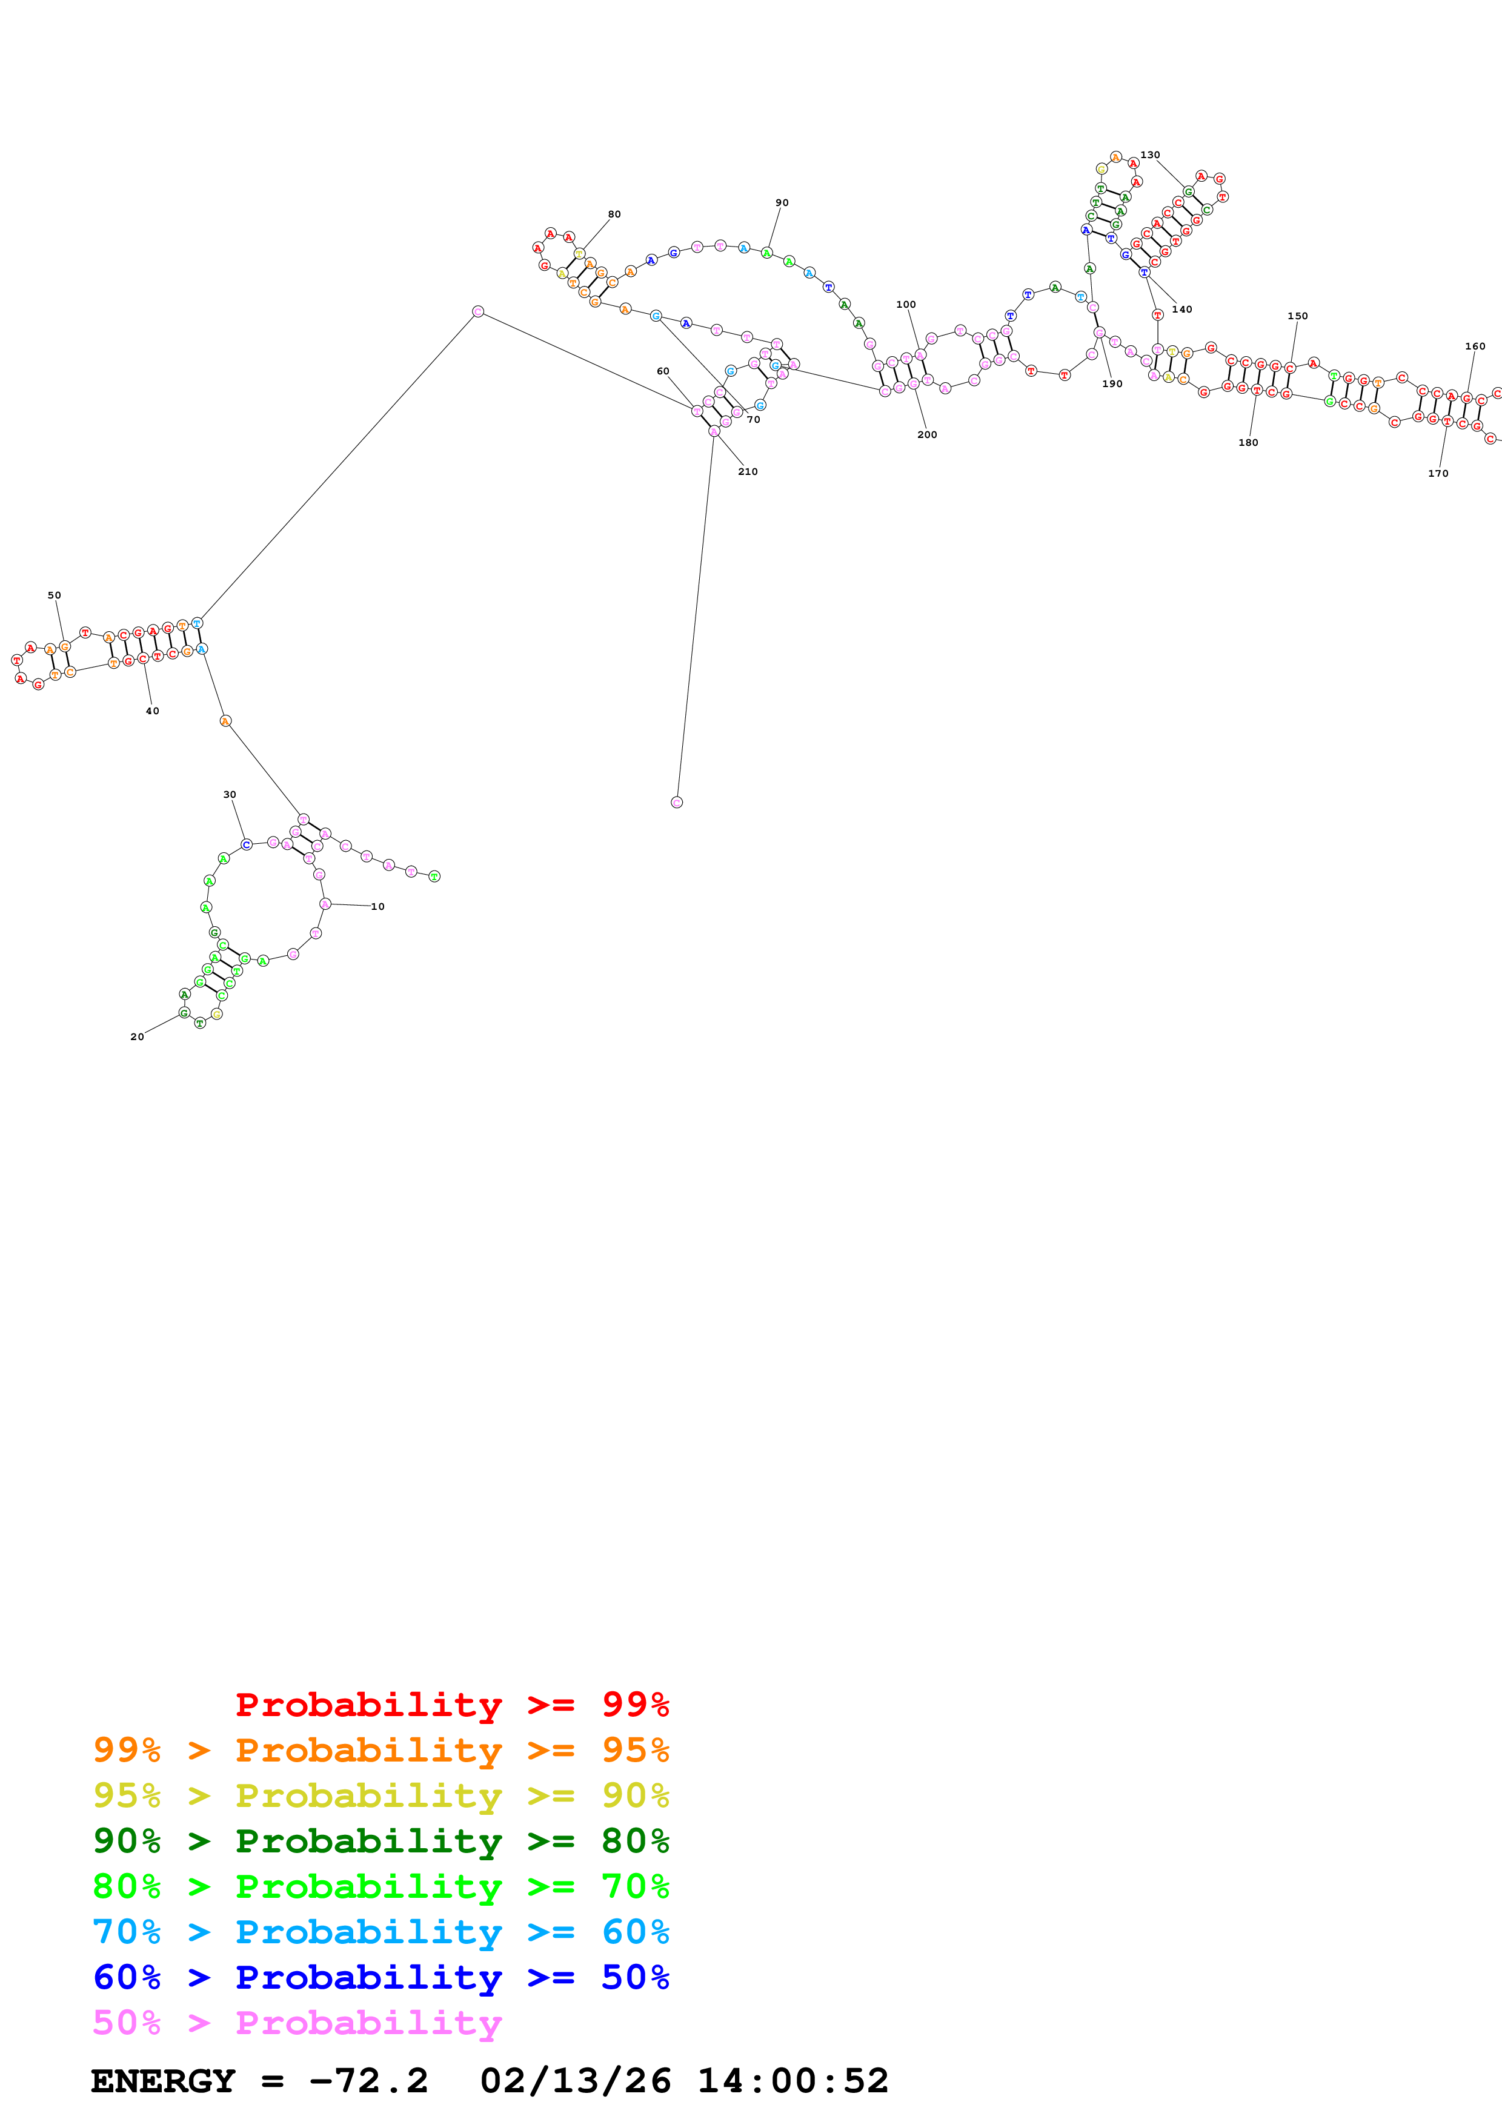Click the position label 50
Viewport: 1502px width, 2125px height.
pos(55,595)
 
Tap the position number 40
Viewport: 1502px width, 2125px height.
pos(153,711)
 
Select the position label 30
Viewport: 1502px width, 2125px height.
pos(230,794)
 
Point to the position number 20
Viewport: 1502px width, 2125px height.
pos(137,1036)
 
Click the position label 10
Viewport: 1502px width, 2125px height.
pos(377,906)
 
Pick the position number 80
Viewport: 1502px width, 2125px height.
pos(614,214)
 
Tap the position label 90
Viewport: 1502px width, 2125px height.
pos(782,203)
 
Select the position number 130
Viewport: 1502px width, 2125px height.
pos(1151,154)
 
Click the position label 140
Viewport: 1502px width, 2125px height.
pos(1182,309)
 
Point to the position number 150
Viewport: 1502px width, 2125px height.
pos(1297,316)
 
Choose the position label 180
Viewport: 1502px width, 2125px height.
pos(1248,442)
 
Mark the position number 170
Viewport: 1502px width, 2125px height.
pos(1438,473)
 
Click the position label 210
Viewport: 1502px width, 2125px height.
pos(748,471)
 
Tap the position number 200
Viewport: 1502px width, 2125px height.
pos(927,434)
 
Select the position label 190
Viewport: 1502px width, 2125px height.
pos(1112,383)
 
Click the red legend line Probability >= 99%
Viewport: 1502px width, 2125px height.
pos(451,1704)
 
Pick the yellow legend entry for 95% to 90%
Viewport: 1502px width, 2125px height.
pos(380,1795)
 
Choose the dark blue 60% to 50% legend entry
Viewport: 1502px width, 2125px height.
pos(380,1977)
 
